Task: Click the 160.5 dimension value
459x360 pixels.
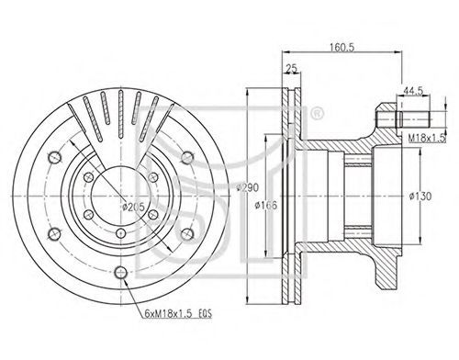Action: [x=341, y=47]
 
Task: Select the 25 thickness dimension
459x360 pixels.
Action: [x=291, y=69]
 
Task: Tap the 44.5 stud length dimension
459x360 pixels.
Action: [x=413, y=91]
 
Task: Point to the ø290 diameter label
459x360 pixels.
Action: [x=248, y=187]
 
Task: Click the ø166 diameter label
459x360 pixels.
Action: [x=266, y=205]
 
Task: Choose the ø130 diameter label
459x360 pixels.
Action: [x=420, y=196]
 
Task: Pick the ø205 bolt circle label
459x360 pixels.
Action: [x=133, y=208]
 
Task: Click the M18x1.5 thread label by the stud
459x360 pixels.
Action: [x=427, y=139]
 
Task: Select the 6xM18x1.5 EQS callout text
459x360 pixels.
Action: [x=178, y=314]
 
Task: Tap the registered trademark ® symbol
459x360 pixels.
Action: [x=317, y=113]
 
